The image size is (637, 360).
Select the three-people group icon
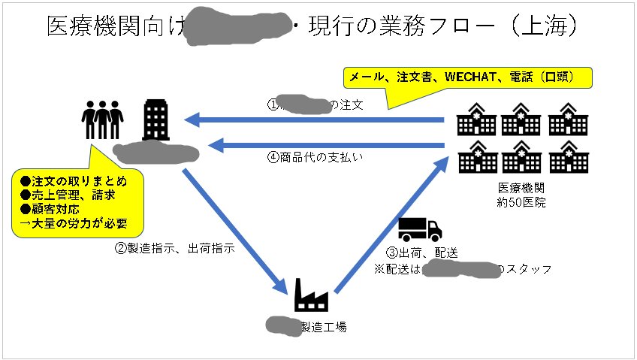click(102, 120)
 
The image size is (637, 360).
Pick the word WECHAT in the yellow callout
click(469, 77)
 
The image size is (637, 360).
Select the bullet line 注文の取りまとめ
click(74, 181)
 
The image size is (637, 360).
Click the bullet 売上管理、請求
click(68, 195)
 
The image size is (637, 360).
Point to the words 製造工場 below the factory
click(324, 327)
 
